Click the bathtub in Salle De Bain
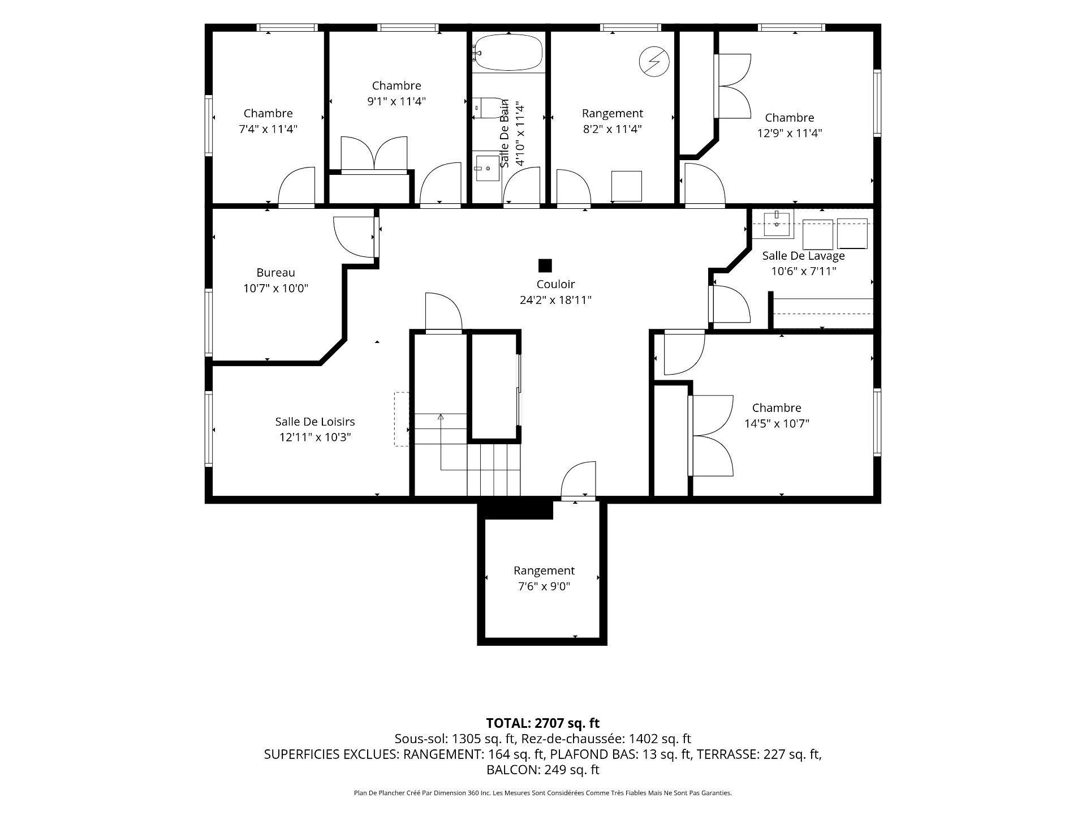click(x=508, y=52)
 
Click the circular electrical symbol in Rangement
click(x=654, y=61)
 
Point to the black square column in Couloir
click(x=545, y=265)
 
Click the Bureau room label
click(x=275, y=273)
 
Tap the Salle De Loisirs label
click(x=315, y=422)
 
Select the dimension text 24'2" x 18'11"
click(x=555, y=300)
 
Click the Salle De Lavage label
click(x=803, y=256)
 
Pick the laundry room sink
click(x=778, y=224)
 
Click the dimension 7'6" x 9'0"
click(x=544, y=586)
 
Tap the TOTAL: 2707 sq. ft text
click(x=543, y=723)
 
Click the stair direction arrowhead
click(x=441, y=417)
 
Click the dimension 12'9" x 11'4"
click(x=790, y=134)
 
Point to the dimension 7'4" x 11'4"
click(x=268, y=129)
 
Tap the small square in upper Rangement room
click(x=627, y=186)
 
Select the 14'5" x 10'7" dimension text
click(x=777, y=423)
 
